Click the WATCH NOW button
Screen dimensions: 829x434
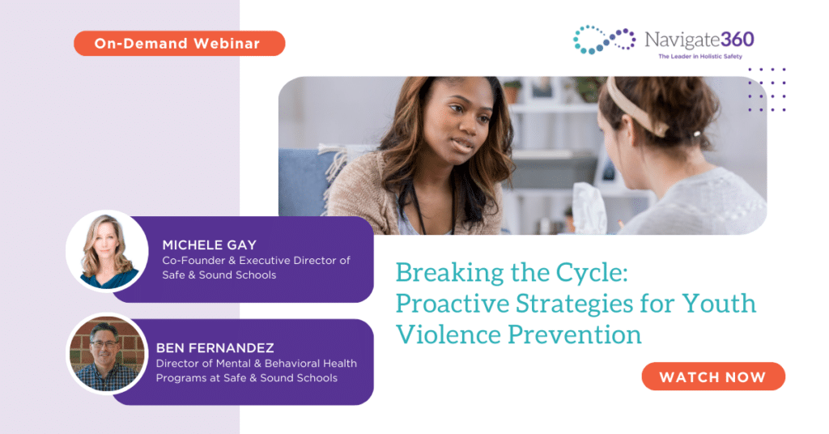(x=713, y=377)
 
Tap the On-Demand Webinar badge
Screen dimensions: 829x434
(x=179, y=44)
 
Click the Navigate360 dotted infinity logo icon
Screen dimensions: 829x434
(x=604, y=40)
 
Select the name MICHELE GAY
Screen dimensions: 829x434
(x=210, y=245)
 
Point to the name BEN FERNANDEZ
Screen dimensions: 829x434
(x=215, y=348)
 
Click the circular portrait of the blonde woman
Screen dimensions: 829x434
(x=108, y=251)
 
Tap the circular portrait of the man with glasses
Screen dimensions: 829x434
(x=108, y=354)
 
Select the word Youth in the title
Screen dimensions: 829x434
(x=719, y=304)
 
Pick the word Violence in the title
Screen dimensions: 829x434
(x=449, y=334)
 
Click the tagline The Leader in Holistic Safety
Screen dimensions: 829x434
(x=700, y=57)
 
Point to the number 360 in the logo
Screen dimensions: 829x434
(x=737, y=40)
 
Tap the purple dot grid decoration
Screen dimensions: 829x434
(x=767, y=89)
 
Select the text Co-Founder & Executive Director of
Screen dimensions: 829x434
(x=257, y=260)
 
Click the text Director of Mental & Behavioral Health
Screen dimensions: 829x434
(x=257, y=364)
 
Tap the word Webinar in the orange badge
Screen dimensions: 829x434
(x=227, y=44)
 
